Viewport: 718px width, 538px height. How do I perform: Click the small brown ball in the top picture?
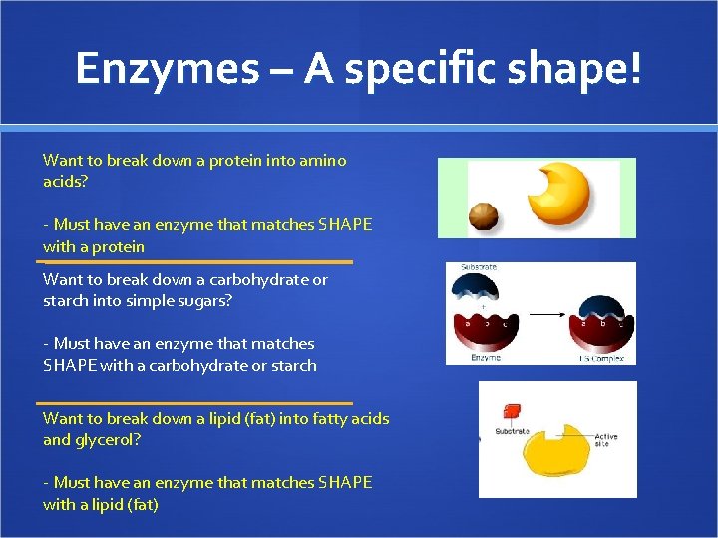pos(485,216)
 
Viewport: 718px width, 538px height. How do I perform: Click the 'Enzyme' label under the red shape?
pos(486,356)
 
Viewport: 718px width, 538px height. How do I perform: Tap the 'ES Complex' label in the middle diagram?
pos(601,356)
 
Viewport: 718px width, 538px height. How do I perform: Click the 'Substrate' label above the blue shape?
pos(479,268)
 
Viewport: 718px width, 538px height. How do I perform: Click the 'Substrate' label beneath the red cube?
pos(512,432)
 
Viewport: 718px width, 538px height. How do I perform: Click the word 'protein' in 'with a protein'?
pos(118,247)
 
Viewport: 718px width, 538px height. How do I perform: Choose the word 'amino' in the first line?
pos(323,161)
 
